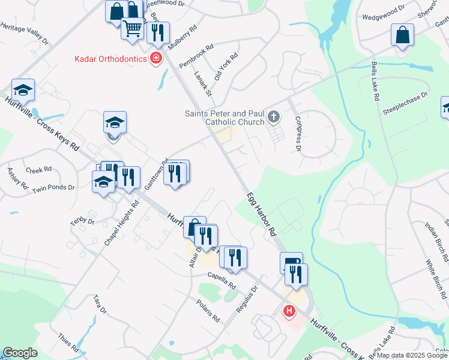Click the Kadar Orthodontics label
coord(110,59)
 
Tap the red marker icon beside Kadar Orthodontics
coord(156,58)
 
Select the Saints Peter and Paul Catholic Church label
coord(224,118)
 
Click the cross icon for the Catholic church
coord(274,116)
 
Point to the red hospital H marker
coord(289,311)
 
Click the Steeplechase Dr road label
coord(408,103)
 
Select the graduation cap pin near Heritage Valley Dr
coord(23,90)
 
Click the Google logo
coord(20,353)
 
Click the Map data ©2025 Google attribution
coord(412,355)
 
